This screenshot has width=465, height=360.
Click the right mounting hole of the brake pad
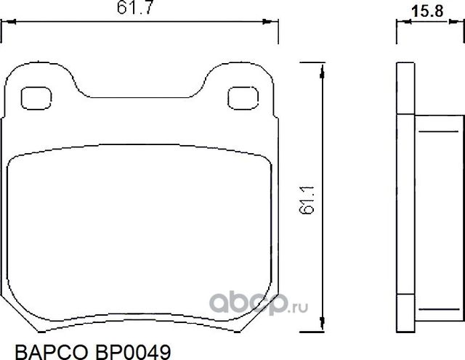pos(240,97)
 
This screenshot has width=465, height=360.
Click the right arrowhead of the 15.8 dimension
pos(456,22)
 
